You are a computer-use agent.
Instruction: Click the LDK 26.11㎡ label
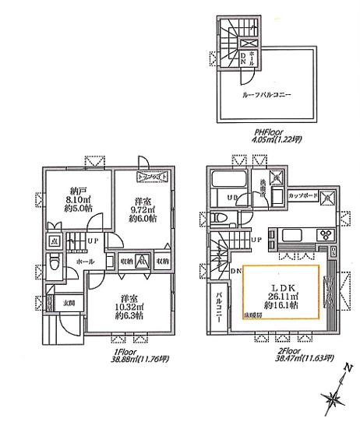click(283, 287)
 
